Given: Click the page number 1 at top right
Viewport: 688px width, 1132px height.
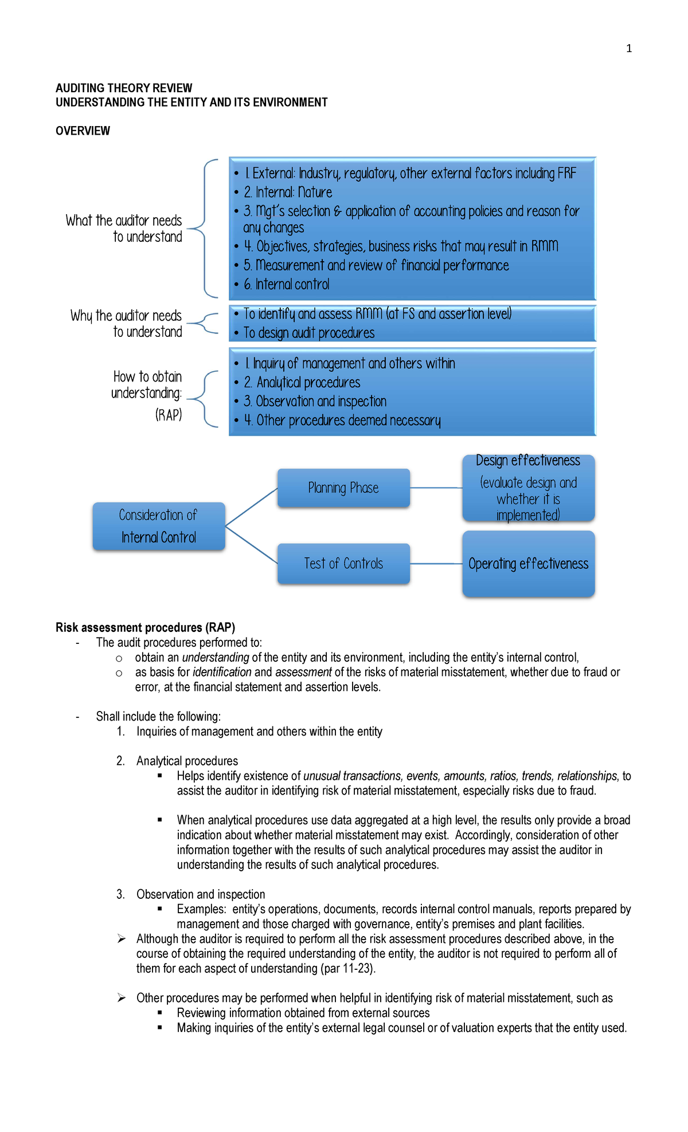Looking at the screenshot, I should (x=629, y=49).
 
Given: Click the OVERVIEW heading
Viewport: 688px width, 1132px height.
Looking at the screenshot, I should (x=83, y=131).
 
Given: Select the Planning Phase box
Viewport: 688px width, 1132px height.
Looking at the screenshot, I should (x=343, y=488).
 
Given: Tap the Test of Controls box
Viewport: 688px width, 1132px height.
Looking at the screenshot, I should (x=343, y=564).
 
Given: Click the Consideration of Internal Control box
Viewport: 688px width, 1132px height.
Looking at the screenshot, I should (x=158, y=526).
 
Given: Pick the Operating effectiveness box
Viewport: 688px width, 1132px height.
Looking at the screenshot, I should (x=528, y=564).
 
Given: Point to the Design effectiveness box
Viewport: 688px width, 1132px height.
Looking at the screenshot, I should (x=528, y=488).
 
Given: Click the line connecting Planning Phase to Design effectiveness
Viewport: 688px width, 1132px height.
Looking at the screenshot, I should (x=436, y=488).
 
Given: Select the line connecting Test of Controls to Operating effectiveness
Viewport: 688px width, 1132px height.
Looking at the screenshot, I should (x=436, y=564).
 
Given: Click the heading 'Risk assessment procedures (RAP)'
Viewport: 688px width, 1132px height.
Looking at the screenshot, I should (x=145, y=627).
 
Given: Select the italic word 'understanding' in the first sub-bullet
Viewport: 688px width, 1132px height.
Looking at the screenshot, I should (x=215, y=658).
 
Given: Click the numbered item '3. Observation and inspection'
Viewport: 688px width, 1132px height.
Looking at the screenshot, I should (x=200, y=894).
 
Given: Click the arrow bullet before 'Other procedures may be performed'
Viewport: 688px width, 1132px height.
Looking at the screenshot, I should (x=122, y=998).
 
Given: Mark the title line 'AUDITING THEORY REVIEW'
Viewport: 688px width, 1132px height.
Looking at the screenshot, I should (x=124, y=88).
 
